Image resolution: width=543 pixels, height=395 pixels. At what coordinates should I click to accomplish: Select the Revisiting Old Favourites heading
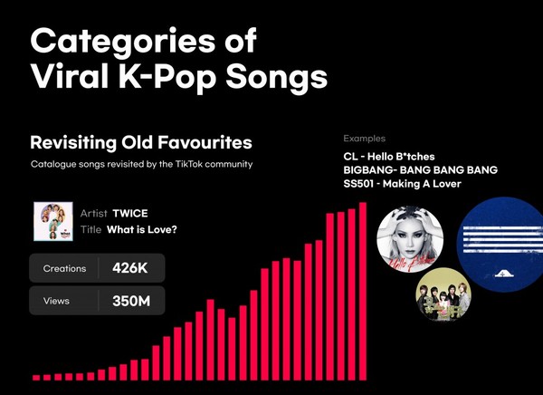(x=141, y=142)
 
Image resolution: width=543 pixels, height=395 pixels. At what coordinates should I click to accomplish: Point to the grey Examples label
(x=365, y=139)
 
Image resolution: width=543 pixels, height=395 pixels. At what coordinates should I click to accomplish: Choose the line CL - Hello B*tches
(x=389, y=157)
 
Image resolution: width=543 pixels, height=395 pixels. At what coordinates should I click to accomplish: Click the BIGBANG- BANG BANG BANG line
(x=421, y=170)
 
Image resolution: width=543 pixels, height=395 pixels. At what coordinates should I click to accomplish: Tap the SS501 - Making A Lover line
(x=402, y=183)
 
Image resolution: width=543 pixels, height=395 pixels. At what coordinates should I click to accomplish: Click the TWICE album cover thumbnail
(x=53, y=221)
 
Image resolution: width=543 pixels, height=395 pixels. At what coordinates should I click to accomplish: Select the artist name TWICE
(x=130, y=213)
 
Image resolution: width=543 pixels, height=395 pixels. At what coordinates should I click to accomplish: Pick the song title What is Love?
(x=142, y=229)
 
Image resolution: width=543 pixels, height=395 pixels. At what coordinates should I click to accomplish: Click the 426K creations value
(x=129, y=268)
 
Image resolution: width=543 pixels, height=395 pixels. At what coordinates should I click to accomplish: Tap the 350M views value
(x=131, y=301)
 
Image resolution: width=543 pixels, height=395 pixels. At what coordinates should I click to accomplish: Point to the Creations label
(x=64, y=268)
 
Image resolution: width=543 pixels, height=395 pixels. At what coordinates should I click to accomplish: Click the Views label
(x=56, y=301)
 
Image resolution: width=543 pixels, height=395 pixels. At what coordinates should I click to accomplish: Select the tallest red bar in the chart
(x=363, y=292)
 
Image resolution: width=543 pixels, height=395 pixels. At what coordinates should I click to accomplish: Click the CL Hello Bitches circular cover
(x=410, y=238)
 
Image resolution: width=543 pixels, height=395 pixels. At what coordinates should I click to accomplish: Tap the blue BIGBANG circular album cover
(x=500, y=245)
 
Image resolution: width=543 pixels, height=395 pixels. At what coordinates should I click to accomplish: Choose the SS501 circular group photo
(x=443, y=294)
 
